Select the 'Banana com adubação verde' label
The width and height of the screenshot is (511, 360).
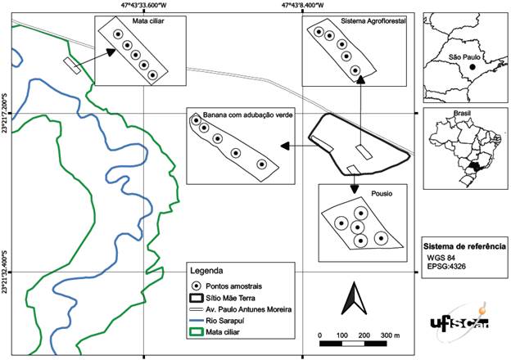(241, 115)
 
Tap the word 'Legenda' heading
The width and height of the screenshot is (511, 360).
(206, 271)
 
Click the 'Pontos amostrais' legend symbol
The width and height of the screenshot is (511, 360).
(197, 285)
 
